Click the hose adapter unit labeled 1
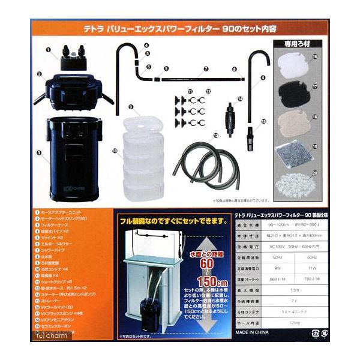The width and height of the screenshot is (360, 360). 71,59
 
